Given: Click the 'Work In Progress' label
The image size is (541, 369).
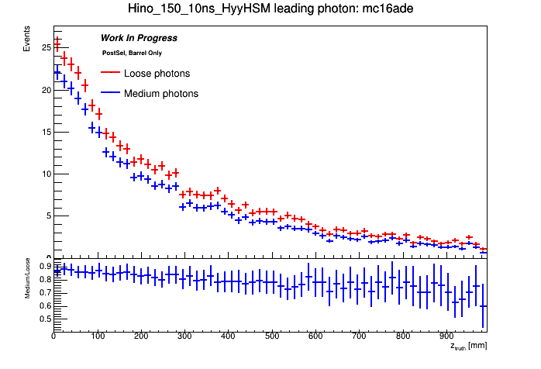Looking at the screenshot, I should (x=139, y=38).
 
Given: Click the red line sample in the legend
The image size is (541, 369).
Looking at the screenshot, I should (x=112, y=74).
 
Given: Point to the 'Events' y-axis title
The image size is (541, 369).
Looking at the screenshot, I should (x=27, y=43).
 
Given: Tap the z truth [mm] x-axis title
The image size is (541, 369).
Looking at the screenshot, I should (x=468, y=346).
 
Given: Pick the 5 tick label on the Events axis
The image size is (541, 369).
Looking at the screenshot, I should (x=48, y=216).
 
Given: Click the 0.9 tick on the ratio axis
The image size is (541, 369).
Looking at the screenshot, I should (x=45, y=266).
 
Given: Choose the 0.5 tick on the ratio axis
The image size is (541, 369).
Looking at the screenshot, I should (x=45, y=318).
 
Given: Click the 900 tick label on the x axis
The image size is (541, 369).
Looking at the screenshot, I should (x=446, y=336).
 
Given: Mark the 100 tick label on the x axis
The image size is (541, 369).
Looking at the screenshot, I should (x=97, y=336).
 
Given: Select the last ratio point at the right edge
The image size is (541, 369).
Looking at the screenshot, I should (x=483, y=305).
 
